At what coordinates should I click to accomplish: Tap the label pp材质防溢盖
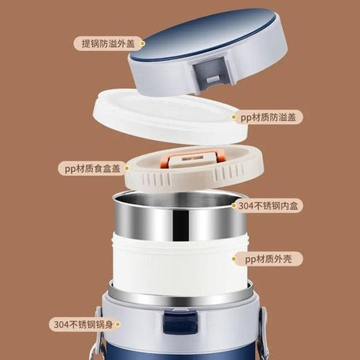coord(267,118)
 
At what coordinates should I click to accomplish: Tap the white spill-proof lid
coord(162,114)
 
